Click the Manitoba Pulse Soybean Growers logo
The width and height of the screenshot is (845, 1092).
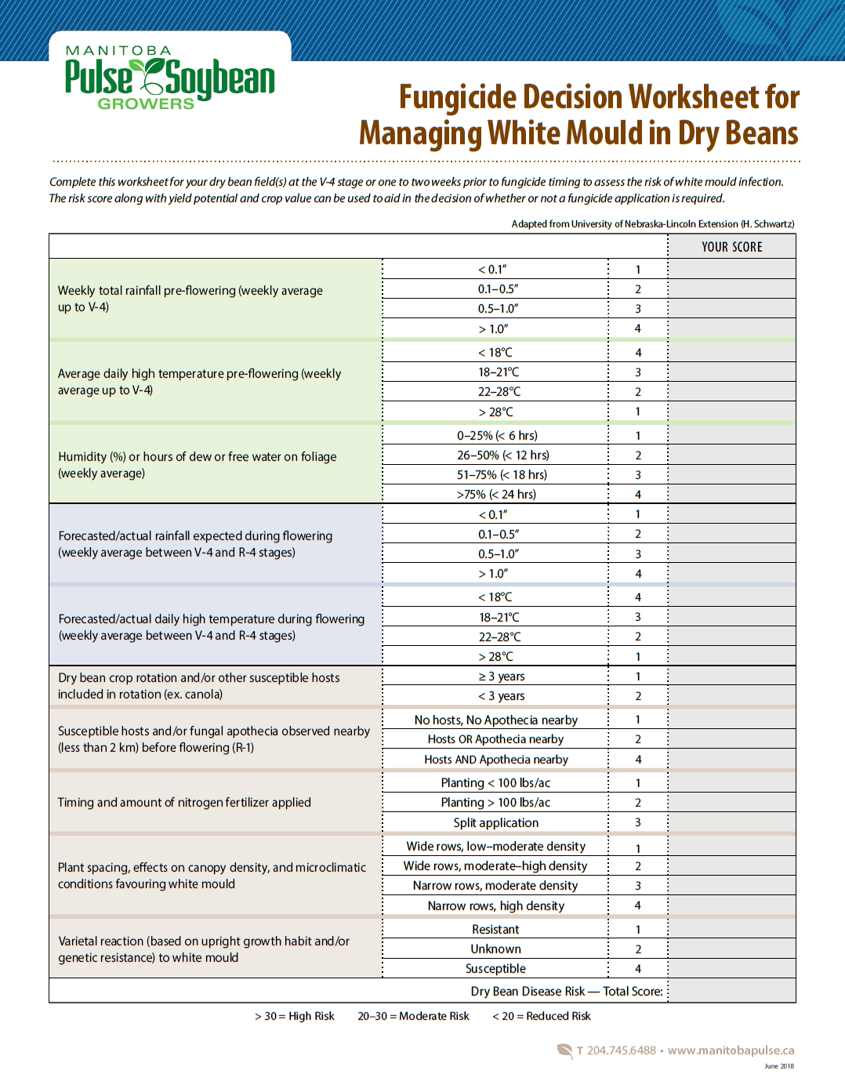pos(169,78)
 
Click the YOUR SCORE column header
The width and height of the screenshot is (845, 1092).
pos(731,247)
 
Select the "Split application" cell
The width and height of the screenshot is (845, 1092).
pos(495,822)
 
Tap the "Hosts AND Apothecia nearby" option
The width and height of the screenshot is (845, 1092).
pos(495,759)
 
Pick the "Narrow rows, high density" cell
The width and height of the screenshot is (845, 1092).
pos(495,905)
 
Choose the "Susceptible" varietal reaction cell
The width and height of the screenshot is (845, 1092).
pos(495,968)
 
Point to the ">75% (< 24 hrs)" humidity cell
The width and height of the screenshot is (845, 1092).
pos(496,494)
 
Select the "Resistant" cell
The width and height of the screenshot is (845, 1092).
pos(495,929)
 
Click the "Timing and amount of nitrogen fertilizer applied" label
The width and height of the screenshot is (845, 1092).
pos(184,802)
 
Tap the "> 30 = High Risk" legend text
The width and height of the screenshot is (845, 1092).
pos(294,1016)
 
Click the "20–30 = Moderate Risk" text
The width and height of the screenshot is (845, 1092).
pos(413,1016)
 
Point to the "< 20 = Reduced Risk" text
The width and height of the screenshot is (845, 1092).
pos(541,1016)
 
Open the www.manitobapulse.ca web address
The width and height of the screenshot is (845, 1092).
pos(731,1050)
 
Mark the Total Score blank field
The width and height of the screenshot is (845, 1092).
pos(731,991)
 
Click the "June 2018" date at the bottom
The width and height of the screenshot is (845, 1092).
pos(779,1066)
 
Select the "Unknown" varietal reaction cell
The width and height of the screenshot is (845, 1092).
pos(495,949)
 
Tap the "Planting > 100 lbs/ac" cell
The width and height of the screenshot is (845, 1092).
pos(495,802)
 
